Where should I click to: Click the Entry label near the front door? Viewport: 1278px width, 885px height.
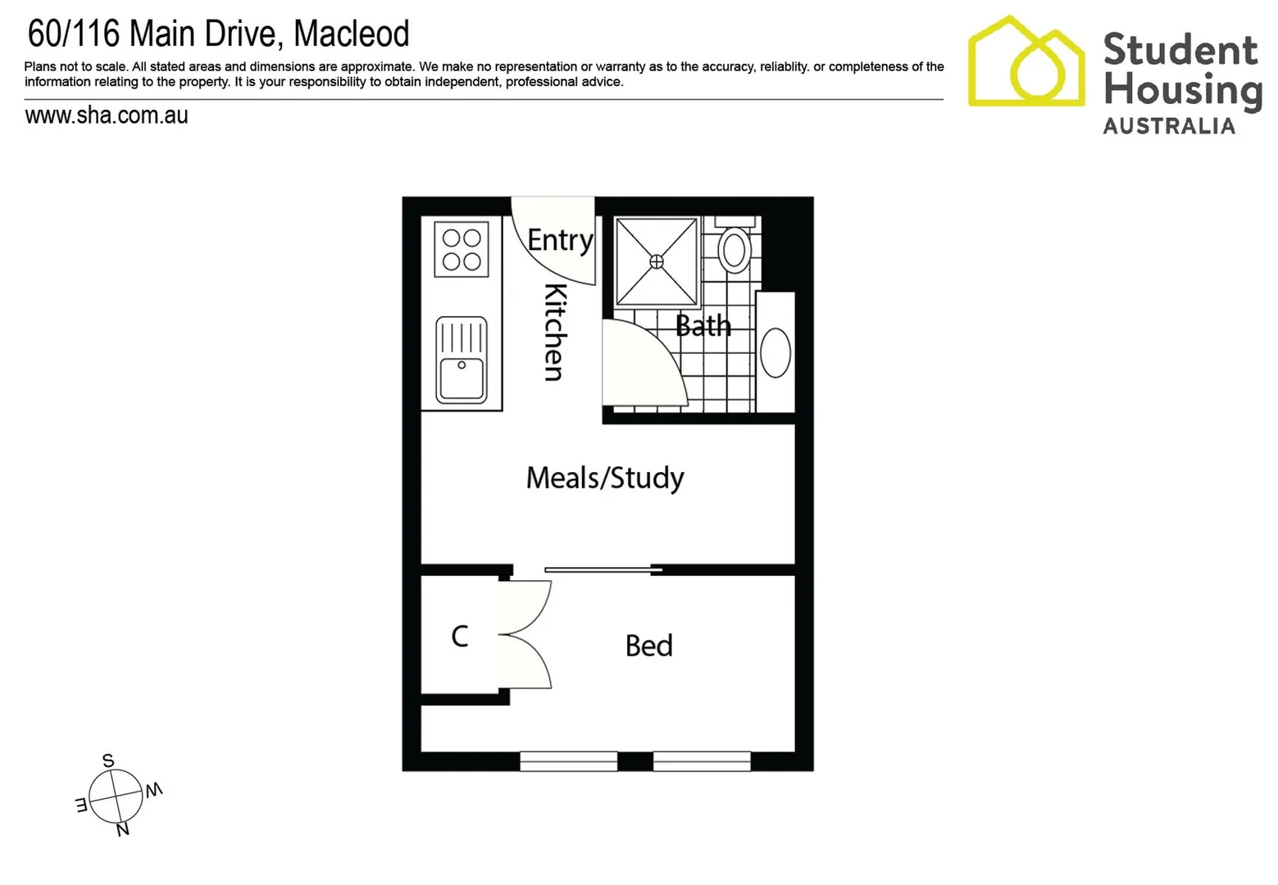(x=560, y=240)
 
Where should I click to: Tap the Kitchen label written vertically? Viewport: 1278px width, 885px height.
(x=555, y=332)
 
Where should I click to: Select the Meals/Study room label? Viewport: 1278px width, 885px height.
(x=605, y=478)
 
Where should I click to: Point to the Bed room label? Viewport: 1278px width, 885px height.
(x=648, y=646)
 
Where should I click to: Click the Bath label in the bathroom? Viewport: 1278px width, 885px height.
(x=703, y=326)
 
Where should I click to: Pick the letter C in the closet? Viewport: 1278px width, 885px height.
(x=460, y=636)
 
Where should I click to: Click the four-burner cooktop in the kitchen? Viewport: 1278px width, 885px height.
(x=462, y=249)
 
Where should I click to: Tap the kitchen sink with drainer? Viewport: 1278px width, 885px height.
(x=462, y=361)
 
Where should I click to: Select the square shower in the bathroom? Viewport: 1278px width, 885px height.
(x=657, y=261)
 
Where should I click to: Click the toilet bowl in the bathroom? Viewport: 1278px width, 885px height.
(x=735, y=249)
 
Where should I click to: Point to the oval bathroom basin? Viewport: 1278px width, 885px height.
(x=775, y=352)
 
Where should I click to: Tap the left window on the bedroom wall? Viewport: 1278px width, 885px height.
(x=568, y=761)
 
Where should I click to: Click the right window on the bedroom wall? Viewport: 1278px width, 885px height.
(x=702, y=761)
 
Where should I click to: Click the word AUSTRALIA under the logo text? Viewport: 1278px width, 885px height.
(x=1169, y=126)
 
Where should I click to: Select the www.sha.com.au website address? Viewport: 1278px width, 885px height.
(x=107, y=116)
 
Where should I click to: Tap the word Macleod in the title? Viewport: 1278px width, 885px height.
(x=352, y=34)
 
